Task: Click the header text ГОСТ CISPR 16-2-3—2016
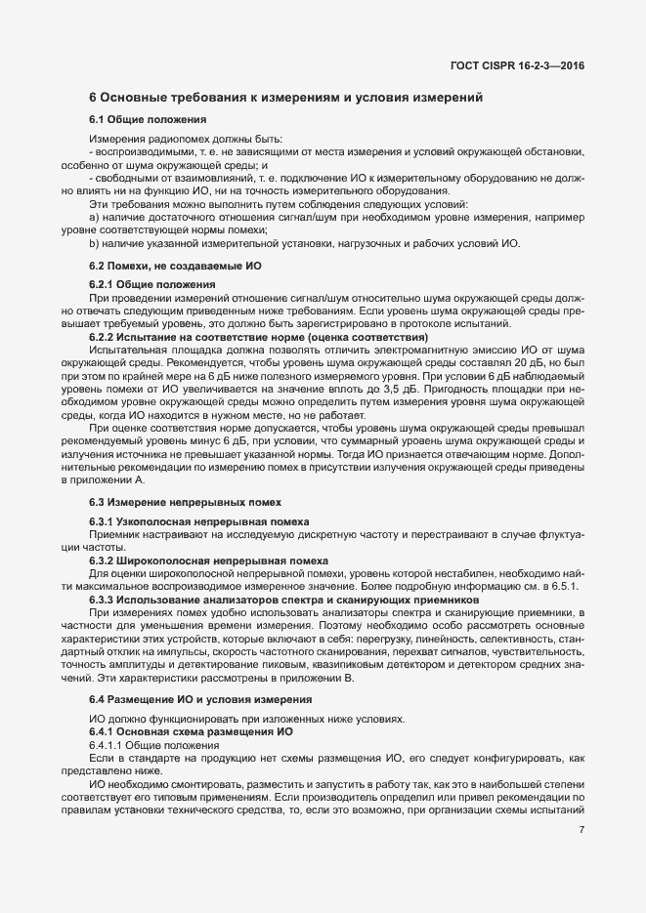click(524, 65)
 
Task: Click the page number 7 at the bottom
click(581, 831)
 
